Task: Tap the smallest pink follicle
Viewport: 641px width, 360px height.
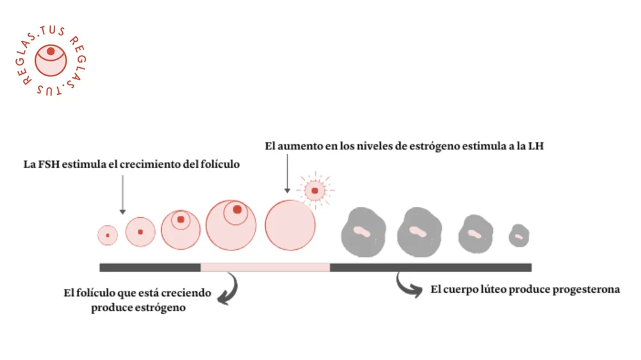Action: (x=108, y=236)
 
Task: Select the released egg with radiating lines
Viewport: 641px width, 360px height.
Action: (x=315, y=190)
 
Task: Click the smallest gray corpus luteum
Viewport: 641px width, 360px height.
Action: (x=519, y=236)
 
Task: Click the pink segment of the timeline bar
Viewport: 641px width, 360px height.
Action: (x=265, y=267)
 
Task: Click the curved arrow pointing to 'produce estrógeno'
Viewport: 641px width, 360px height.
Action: (x=228, y=288)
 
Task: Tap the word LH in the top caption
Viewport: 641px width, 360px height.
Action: (x=537, y=146)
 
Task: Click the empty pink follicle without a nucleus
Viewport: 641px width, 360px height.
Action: (x=290, y=225)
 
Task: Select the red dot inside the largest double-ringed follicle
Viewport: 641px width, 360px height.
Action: (x=237, y=209)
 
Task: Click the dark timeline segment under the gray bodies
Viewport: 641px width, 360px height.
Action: (x=429, y=267)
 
